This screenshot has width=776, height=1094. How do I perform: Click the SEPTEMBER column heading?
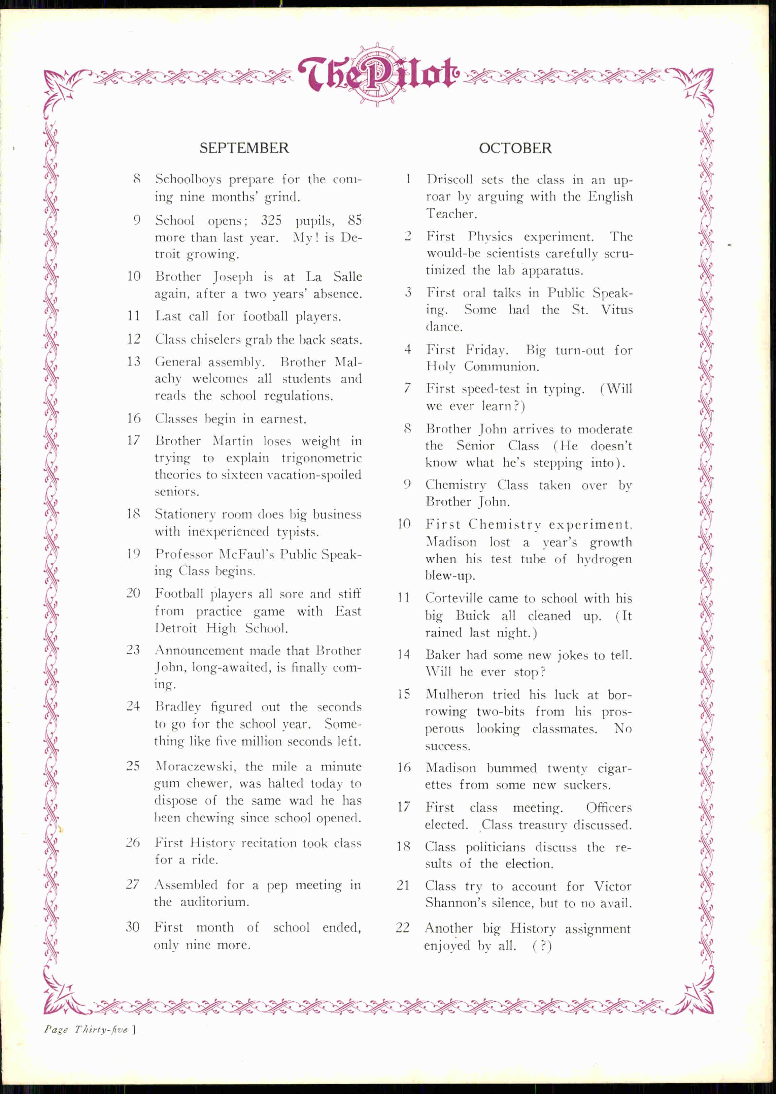pos(244,148)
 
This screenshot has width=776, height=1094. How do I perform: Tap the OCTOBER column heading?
pos(515,148)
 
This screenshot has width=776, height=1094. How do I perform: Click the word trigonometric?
pos(321,458)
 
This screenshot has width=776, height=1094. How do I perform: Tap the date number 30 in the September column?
pos(132,927)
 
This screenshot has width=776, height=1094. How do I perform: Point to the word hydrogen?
pos(604,559)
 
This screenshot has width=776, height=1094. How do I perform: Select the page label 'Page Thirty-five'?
pos(86,1029)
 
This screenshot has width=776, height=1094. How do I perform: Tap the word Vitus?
pos(616,310)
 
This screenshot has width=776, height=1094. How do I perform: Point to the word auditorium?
pos(214,902)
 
